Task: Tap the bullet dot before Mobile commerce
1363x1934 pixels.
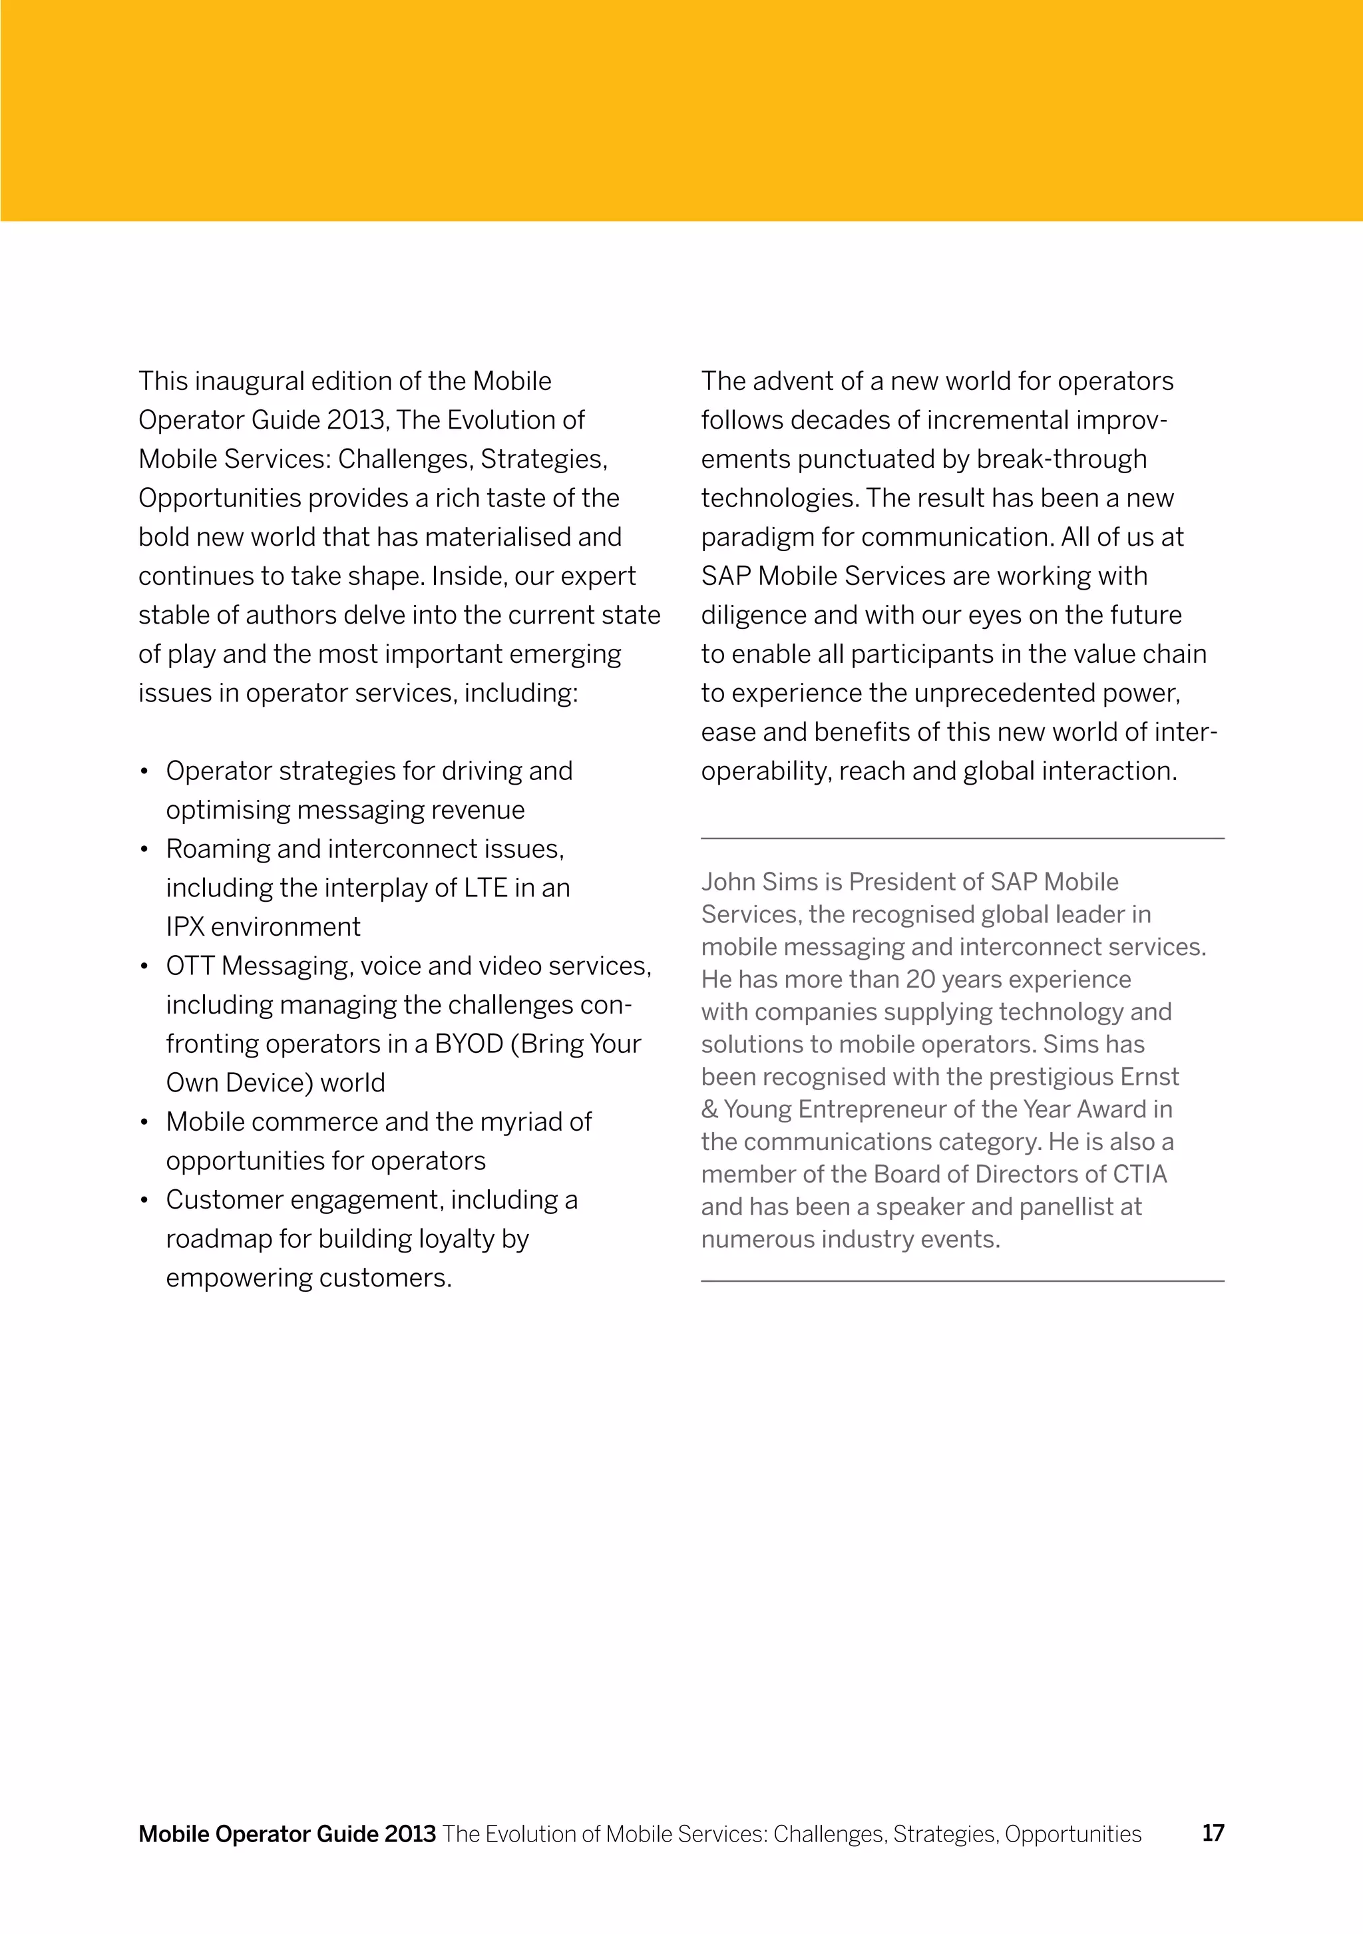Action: coord(145,1123)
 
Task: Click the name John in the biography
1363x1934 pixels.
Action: coord(728,882)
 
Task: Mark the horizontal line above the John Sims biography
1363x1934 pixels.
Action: coord(962,839)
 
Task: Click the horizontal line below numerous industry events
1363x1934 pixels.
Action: coord(962,1281)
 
